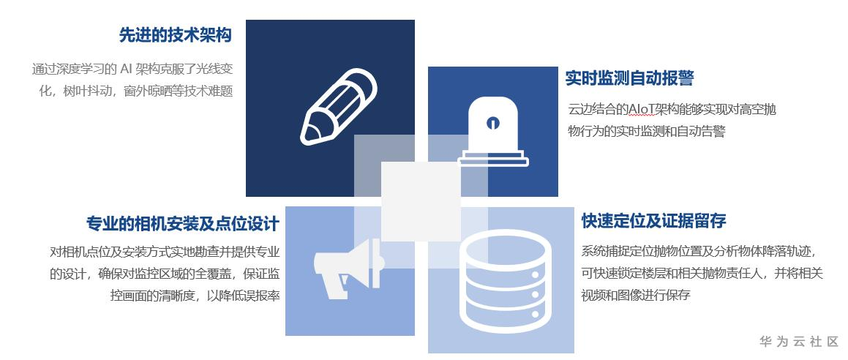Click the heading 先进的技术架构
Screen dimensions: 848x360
click(176, 35)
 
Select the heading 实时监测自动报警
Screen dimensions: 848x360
click(629, 78)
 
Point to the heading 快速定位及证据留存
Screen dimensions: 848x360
click(653, 221)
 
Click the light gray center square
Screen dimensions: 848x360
click(421, 201)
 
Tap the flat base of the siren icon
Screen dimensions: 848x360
click(492, 157)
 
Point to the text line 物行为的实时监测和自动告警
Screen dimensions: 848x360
click(647, 132)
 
